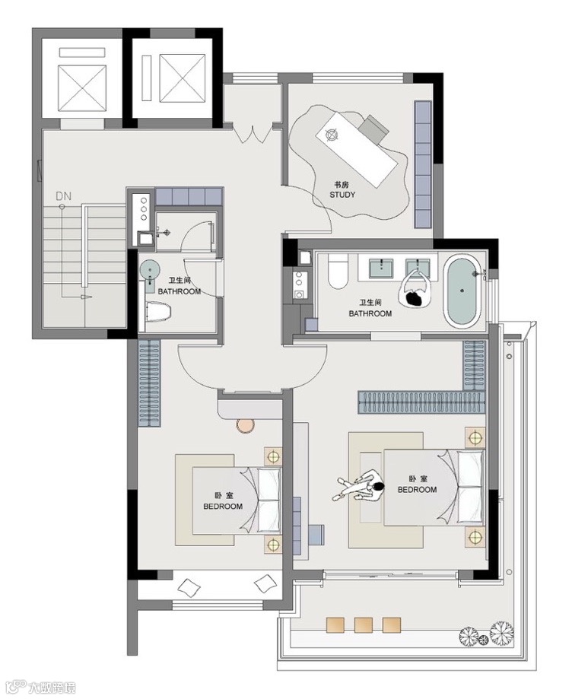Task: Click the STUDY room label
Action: pos(342,195)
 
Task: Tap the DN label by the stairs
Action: pos(63,196)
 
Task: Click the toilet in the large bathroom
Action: pos(338,271)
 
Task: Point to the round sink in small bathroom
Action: pos(150,270)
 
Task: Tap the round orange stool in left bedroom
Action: pos(245,425)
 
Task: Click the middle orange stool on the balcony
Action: pos(364,624)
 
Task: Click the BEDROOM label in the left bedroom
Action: pos(223,507)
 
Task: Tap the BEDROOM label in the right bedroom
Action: pos(418,490)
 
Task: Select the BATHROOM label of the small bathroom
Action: pos(180,291)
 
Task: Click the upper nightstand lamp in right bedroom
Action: pos(475,437)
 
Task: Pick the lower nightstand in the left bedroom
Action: pos(273,545)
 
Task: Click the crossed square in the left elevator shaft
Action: pos(82,87)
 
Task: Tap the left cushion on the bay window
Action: pos(189,586)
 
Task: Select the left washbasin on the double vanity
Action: pos(382,268)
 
